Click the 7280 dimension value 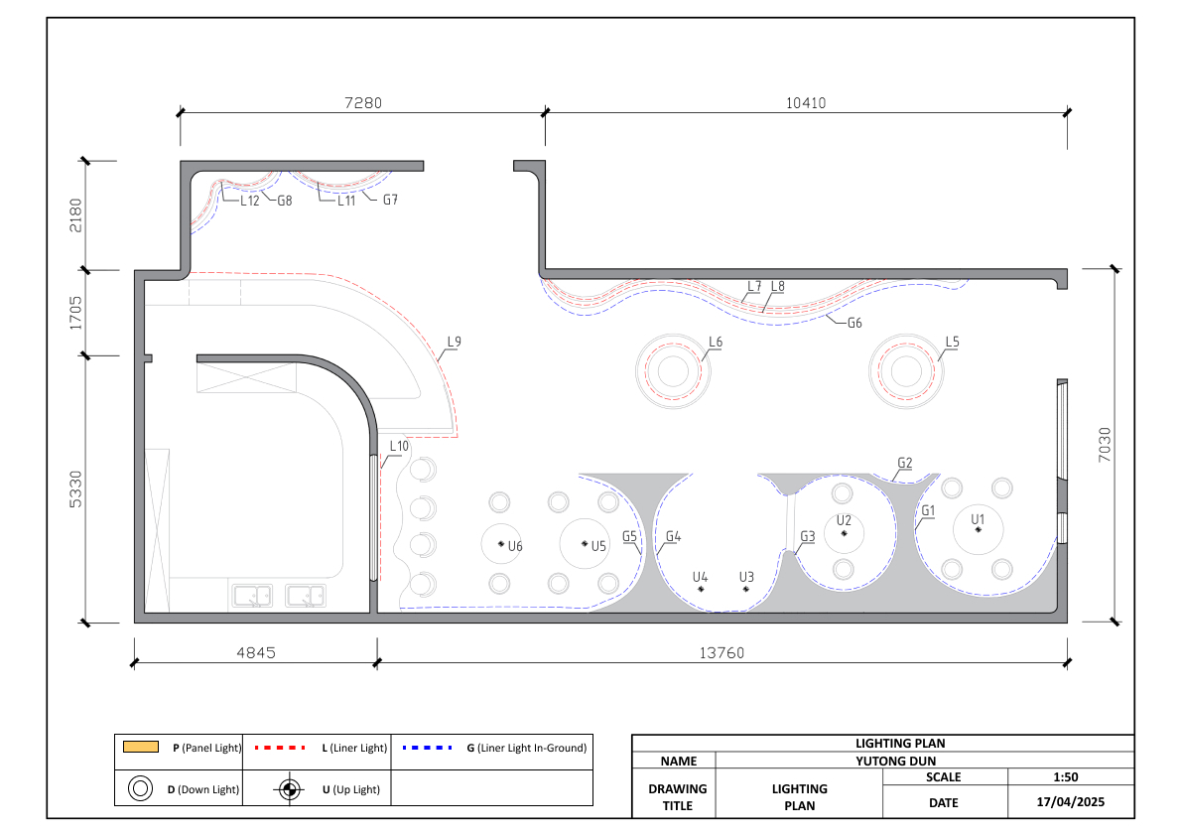[x=363, y=102]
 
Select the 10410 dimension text [x=806, y=102]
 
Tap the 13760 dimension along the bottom [x=722, y=652]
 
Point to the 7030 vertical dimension [x=1105, y=445]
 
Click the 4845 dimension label [x=256, y=652]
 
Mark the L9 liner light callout [x=455, y=342]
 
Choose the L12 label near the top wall [x=250, y=201]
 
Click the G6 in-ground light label [x=854, y=323]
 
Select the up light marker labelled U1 [x=979, y=530]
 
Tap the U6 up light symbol [x=501, y=543]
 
